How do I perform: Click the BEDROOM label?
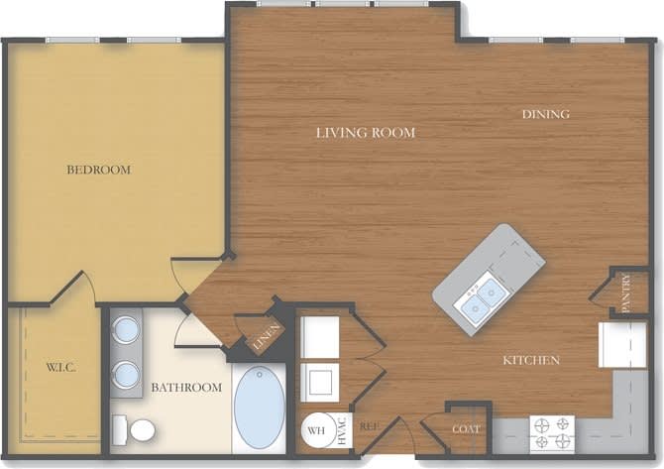tap(98, 170)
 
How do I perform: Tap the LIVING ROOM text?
tap(365, 132)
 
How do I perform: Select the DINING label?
tap(545, 114)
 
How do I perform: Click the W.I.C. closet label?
tap(60, 368)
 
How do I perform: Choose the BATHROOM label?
tap(185, 387)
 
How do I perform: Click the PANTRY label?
tap(626, 293)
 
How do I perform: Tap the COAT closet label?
tap(466, 428)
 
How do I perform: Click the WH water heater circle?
tap(316, 430)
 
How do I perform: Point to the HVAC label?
tap(343, 429)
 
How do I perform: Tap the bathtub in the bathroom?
tap(260, 407)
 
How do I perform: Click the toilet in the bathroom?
tap(136, 430)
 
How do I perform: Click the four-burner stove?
tap(552, 433)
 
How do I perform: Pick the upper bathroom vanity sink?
tap(126, 329)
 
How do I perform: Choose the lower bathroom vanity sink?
tap(126, 375)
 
